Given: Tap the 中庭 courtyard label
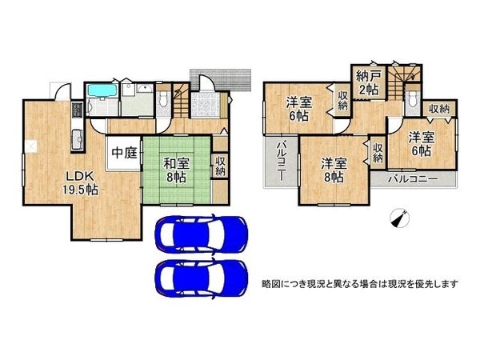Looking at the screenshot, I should [125, 152].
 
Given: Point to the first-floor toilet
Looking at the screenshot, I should [162, 98].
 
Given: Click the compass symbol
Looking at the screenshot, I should [400, 217].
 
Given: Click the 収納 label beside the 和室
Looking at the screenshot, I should [220, 166].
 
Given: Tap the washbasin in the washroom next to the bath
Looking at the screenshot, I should [144, 90].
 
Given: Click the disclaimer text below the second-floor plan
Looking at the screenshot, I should [359, 285].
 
